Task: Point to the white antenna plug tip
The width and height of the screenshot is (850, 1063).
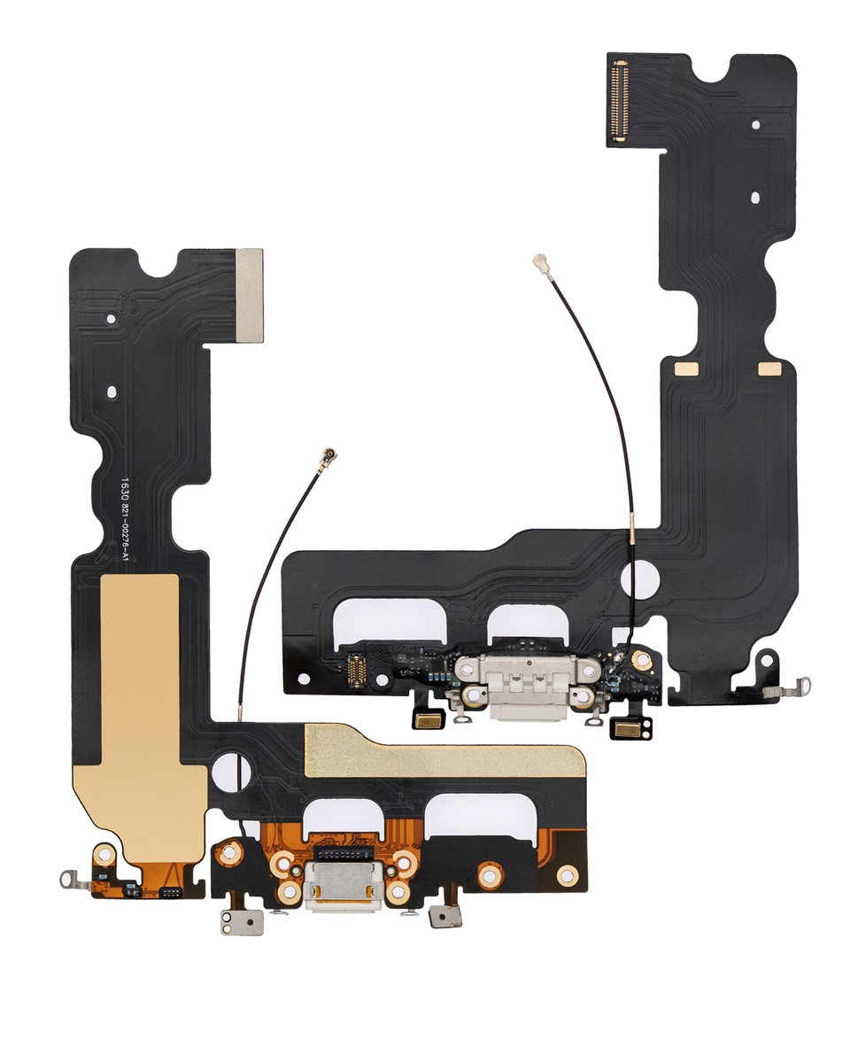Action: (x=537, y=261)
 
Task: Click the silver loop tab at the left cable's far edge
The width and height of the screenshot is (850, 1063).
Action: (x=72, y=879)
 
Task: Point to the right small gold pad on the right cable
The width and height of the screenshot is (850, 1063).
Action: (x=769, y=368)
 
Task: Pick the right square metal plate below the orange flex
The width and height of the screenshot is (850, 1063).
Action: (x=443, y=916)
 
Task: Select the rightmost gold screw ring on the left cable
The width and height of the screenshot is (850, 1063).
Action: (x=567, y=875)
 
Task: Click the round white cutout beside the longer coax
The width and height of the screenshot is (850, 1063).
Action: (x=637, y=578)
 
